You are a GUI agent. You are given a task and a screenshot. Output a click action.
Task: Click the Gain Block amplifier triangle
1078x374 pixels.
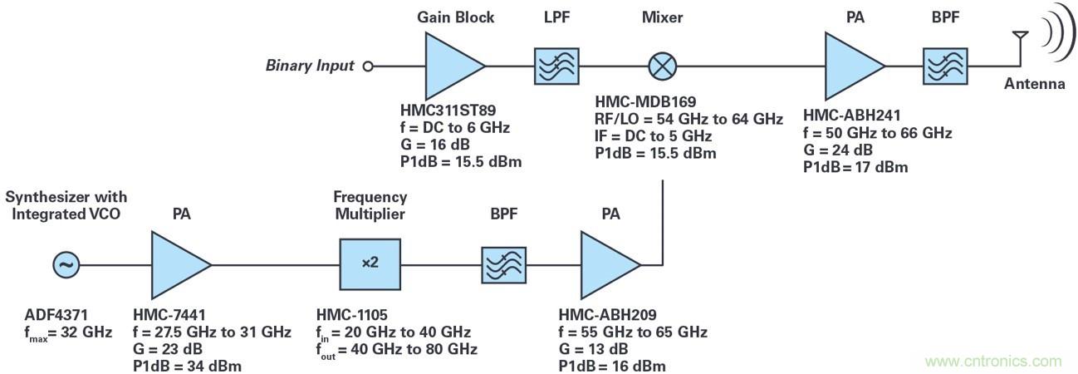(x=451, y=66)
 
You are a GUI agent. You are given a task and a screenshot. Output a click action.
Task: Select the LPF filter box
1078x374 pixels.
(x=556, y=66)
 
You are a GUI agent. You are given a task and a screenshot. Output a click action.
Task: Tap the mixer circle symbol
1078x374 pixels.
(x=662, y=66)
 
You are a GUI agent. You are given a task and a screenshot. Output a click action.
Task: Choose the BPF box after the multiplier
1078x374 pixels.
(x=506, y=265)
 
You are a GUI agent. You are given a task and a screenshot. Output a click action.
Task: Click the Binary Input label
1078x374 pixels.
(x=310, y=66)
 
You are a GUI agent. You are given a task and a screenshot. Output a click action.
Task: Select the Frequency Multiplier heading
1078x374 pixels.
(x=370, y=206)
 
